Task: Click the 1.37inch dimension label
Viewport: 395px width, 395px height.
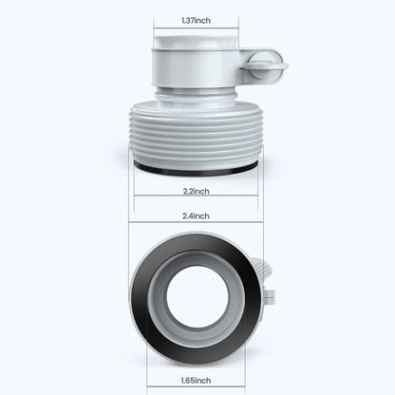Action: (197, 20)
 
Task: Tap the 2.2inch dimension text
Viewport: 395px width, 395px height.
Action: (197, 189)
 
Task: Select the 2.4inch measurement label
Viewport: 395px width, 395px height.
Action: (197, 216)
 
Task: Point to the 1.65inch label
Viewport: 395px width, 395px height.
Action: (197, 379)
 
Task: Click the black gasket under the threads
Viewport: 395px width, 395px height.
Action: (197, 168)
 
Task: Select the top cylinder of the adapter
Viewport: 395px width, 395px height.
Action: (197, 66)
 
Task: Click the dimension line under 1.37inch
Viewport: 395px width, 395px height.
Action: (197, 30)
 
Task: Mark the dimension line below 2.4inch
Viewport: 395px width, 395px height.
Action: (197, 224)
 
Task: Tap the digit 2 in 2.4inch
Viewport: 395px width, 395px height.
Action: (185, 216)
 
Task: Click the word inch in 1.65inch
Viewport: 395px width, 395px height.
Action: (207, 379)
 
